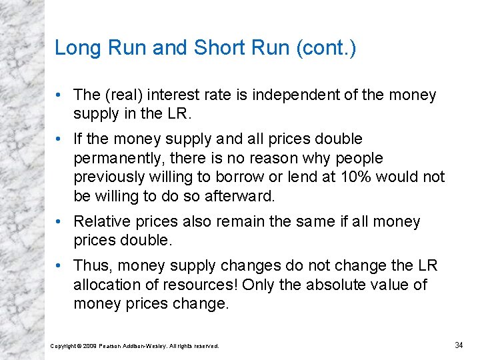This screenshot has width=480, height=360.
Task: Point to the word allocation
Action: [107, 285]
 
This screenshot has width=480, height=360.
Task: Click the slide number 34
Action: [459, 345]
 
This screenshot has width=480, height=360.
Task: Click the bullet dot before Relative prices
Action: [59, 221]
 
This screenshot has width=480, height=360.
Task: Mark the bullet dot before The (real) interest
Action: [59, 95]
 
